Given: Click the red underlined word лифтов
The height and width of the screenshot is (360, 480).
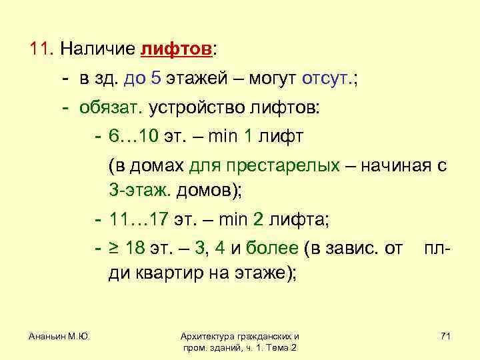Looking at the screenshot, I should click(176, 50).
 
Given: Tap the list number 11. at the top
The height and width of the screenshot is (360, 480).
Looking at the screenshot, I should click(41, 50).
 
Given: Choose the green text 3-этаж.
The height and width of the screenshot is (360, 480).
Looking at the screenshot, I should click(139, 191).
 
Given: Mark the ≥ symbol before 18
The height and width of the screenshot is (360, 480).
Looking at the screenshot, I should click(114, 249).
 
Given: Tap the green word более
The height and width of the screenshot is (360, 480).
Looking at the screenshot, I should click(272, 249).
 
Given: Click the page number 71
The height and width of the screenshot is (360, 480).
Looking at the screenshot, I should click(445, 337).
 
